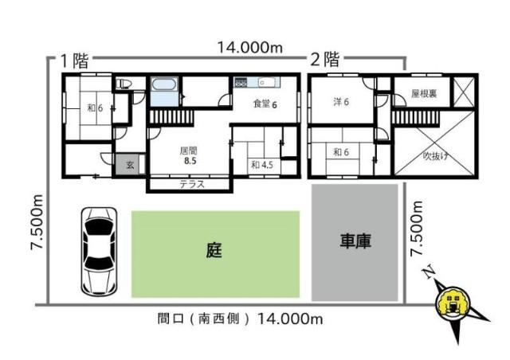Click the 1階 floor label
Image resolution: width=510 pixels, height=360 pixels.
click(x=76, y=60)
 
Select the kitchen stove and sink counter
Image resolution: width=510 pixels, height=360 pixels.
click(x=255, y=82)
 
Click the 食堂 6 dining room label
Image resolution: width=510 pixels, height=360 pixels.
click(x=265, y=104)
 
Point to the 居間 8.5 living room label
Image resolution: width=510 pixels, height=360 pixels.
click(x=188, y=155)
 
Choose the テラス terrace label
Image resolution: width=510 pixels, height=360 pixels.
click(x=192, y=184)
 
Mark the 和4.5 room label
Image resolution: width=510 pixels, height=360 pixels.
click(x=261, y=165)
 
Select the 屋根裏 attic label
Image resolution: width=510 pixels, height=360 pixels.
click(x=422, y=93)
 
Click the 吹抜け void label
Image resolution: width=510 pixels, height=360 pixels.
click(x=436, y=155)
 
